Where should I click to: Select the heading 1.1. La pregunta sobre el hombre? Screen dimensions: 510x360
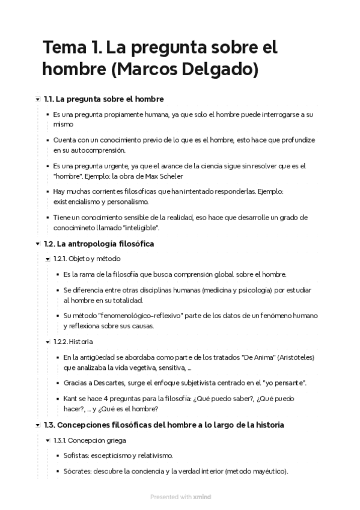[x=104, y=99]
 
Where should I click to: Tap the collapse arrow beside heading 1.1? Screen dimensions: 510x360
[x=38, y=99]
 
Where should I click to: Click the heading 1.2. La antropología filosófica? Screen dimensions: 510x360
[x=99, y=244]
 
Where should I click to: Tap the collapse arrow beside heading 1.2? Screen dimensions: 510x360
[x=38, y=244]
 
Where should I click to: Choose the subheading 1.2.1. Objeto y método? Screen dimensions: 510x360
[x=87, y=259]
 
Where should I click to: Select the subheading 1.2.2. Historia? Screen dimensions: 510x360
[x=73, y=342]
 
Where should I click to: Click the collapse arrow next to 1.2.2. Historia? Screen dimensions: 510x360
[x=47, y=342]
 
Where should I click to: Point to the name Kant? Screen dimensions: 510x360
[x=71, y=398]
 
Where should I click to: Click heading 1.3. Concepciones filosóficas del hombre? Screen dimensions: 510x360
[x=164, y=425]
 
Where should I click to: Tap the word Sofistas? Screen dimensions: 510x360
[x=78, y=455]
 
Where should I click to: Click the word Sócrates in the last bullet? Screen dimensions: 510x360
[x=79, y=471]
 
